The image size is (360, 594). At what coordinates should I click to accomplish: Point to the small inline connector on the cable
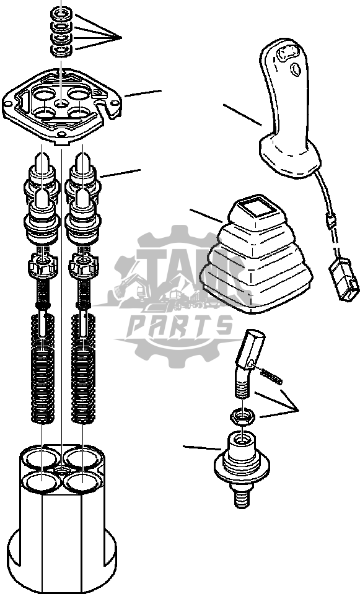pyautogui.click(x=330, y=219)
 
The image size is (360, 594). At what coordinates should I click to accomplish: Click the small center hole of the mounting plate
pyautogui.click(x=62, y=103)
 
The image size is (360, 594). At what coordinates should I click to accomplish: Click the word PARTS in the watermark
pyautogui.click(x=180, y=326)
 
